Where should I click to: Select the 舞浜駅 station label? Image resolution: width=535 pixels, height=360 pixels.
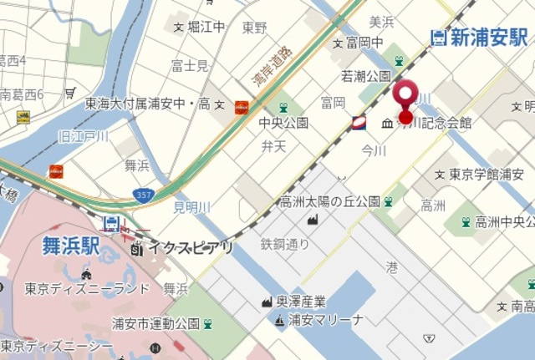[x=71, y=246]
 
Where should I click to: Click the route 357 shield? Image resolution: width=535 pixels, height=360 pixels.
[x=143, y=195]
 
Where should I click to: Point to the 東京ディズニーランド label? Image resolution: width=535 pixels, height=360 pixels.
[x=87, y=289]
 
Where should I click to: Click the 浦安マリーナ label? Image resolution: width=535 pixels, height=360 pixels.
[x=325, y=320]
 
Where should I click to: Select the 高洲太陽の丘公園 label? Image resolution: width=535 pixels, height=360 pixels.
[x=329, y=201]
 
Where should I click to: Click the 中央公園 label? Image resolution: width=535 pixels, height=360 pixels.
[x=284, y=123]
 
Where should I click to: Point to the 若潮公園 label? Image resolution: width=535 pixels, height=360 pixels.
[x=365, y=76]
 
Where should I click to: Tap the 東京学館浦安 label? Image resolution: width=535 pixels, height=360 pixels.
[x=487, y=175]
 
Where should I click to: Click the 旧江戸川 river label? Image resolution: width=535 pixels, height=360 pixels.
[x=83, y=136]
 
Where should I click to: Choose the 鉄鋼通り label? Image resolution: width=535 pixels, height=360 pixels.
[x=284, y=245]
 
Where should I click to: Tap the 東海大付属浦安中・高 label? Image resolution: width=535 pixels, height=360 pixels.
[x=147, y=104]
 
